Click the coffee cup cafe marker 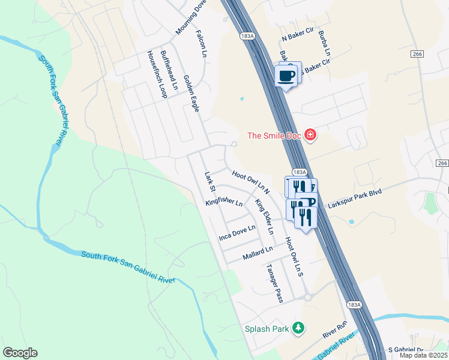coord(286,76)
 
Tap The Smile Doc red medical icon coord(310,136)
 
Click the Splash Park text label coord(267,329)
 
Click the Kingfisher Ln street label coord(223,202)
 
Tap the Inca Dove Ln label coord(237,233)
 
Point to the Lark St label coord(209,182)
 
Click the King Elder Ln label coord(264,217)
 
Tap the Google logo coord(20,353)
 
